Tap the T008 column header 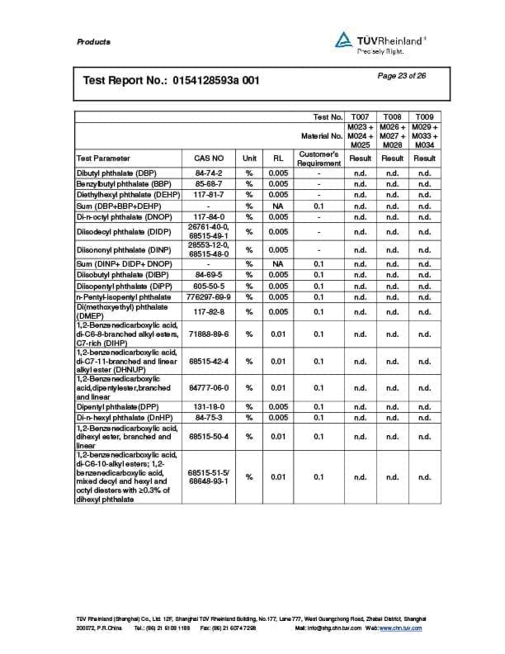393,117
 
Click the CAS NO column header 209,158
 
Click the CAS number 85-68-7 209,183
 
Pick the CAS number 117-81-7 209,194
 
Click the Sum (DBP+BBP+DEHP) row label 120,205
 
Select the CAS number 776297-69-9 209,296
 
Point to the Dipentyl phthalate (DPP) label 116,407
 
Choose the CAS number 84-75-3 209,418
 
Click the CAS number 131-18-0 209,407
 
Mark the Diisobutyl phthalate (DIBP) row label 118,275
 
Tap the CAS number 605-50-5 209,286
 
